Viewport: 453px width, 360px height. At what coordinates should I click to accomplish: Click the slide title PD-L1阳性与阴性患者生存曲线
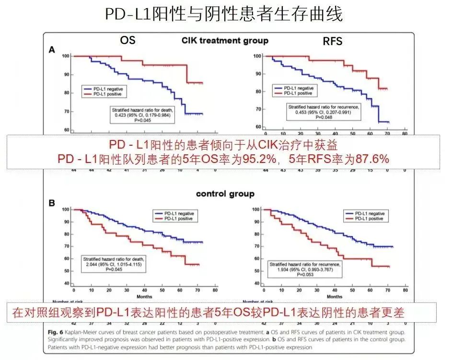224,14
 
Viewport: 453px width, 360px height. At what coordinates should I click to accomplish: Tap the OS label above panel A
127,40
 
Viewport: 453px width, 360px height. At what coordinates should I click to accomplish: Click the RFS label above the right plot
332,41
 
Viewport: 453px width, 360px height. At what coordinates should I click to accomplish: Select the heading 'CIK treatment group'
224,41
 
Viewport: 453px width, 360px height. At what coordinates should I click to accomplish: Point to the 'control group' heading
224,194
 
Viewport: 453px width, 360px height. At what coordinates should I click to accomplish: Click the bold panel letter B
52,203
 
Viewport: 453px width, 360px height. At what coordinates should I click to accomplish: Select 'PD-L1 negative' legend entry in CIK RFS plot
299,89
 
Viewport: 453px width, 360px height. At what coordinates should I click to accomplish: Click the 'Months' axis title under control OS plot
144,297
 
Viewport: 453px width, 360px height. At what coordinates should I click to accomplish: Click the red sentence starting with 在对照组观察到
209,314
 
